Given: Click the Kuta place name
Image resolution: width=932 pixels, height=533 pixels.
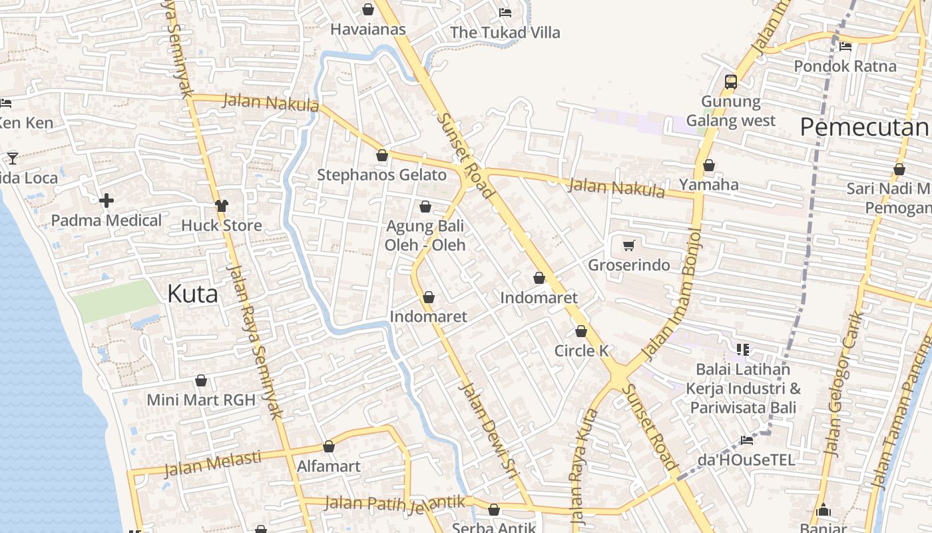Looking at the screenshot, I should [x=192, y=294].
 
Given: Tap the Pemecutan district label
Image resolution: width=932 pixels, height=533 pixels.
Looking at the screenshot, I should [x=864, y=127].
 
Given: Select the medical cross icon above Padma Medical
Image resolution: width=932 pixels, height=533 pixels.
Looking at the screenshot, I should [x=106, y=201].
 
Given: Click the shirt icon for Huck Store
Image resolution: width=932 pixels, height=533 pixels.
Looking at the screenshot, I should [x=222, y=205].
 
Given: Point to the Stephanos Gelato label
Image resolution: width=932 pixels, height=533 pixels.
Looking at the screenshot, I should [x=381, y=175].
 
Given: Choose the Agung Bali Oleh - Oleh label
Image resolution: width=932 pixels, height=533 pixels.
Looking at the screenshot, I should [x=425, y=235].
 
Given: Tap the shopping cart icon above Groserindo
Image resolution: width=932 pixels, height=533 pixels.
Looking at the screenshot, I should [x=628, y=245].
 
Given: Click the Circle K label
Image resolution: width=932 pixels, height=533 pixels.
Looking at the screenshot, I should [x=582, y=350].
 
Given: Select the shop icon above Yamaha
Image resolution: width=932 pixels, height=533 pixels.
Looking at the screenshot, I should [x=709, y=165].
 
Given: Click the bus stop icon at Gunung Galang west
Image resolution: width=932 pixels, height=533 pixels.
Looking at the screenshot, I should [x=730, y=82].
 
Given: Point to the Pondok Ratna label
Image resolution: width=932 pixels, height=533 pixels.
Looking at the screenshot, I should [x=845, y=67].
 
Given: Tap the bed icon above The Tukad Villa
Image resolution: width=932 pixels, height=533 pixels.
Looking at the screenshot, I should [x=505, y=13].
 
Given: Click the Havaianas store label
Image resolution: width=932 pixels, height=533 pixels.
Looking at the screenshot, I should [x=368, y=29].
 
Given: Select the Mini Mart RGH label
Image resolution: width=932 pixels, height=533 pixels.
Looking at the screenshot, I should [x=201, y=400].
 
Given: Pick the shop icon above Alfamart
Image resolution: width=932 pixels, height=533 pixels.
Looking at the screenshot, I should [x=329, y=446].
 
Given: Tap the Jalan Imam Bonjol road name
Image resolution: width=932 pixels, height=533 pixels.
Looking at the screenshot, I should [x=672, y=293].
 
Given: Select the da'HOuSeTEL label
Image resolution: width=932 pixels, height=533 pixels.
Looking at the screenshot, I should [x=746, y=460].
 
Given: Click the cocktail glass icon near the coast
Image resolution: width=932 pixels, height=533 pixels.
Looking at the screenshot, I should [x=13, y=158].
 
